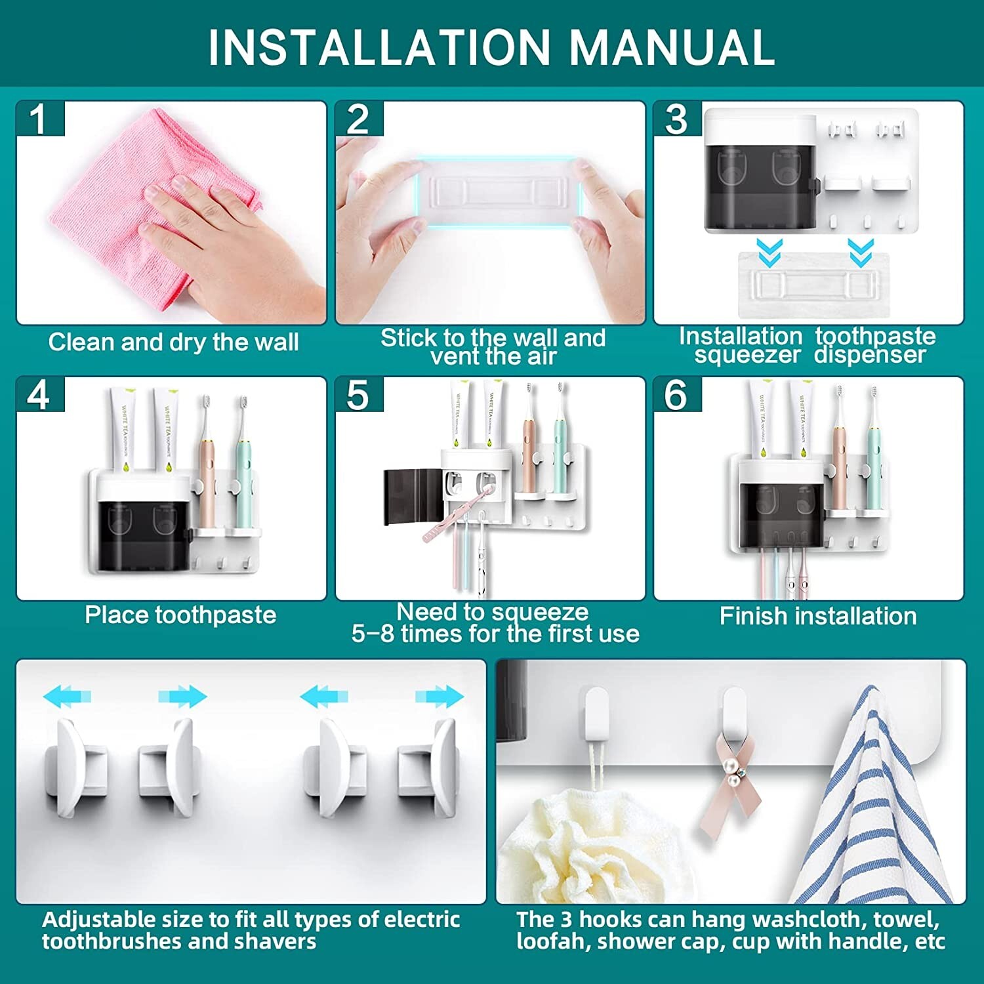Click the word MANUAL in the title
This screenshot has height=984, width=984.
pos(672,47)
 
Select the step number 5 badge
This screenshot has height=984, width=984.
pos(358,396)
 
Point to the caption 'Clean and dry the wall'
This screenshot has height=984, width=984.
pos(173,342)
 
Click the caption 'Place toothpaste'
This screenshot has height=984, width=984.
pos(180,615)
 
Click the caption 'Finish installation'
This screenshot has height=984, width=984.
pos(817,616)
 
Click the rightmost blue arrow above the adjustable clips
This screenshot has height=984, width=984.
pos(440,696)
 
